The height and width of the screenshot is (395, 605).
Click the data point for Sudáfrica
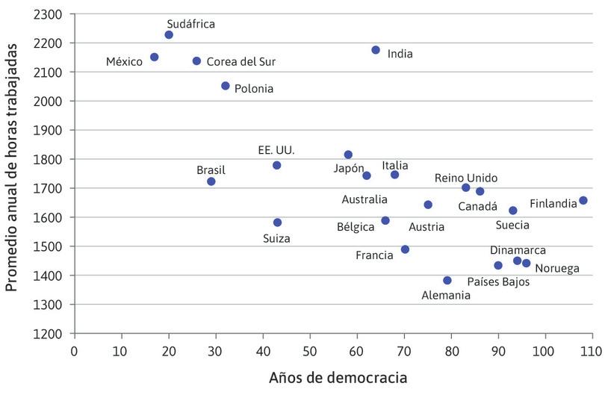(x=169, y=35)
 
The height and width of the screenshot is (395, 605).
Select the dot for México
(x=155, y=57)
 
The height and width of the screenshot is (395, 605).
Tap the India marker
(x=376, y=50)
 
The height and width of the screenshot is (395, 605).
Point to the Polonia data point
(x=226, y=86)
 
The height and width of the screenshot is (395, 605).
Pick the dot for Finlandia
(x=583, y=200)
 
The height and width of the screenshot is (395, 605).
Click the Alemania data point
(x=447, y=281)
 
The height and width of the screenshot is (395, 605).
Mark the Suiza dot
(x=277, y=223)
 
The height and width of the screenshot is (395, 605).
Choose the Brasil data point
(x=211, y=181)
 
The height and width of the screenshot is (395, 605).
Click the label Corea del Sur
(x=241, y=62)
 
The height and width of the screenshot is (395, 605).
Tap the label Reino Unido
(x=466, y=178)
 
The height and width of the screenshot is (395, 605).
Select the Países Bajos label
(x=498, y=282)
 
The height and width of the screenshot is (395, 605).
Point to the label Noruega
(x=557, y=268)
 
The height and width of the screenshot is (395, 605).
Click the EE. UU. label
(x=276, y=150)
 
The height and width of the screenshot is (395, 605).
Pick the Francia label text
(x=374, y=255)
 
